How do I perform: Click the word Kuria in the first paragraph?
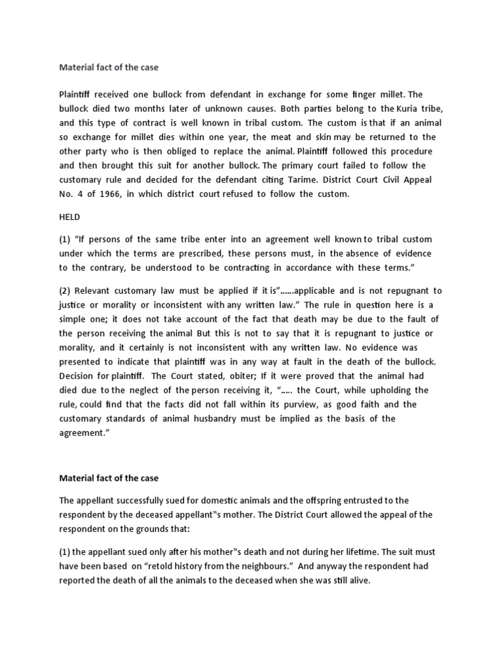click(407, 107)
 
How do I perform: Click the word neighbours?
click(263, 565)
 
